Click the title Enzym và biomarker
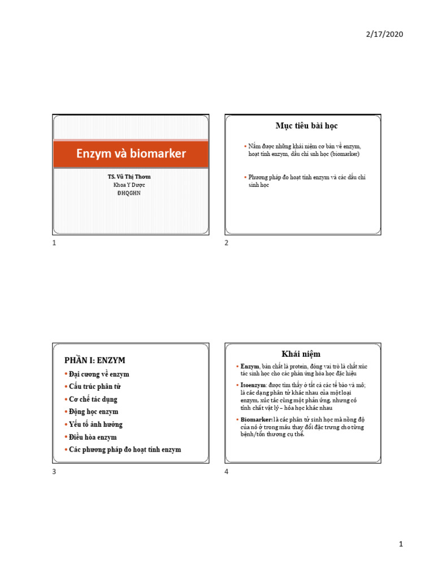[x=131, y=154]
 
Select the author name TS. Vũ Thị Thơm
[x=129, y=177]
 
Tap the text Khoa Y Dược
[x=129, y=185]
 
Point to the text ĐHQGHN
[x=129, y=192]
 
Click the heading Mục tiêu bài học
[x=303, y=126]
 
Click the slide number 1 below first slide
[x=54, y=243]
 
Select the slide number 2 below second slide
[x=226, y=243]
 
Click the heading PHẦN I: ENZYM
[x=95, y=360]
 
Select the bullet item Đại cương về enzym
[x=99, y=374]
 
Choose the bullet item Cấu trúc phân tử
[x=95, y=387]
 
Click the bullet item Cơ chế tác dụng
[x=94, y=399]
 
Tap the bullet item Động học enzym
[x=93, y=411]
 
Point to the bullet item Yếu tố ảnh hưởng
[x=96, y=424]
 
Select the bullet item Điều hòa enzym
[x=93, y=437]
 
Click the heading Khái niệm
[x=303, y=354]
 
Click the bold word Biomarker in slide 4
[x=256, y=421]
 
